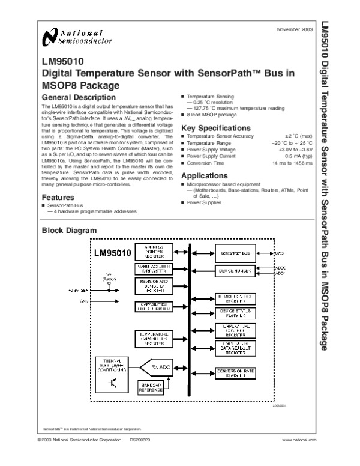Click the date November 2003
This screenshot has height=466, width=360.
(295, 29)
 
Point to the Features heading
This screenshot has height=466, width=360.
(58, 197)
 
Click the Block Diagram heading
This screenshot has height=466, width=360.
(66, 231)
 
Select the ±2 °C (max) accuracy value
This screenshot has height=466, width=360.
(298, 137)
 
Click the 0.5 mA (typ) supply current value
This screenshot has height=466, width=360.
(299, 156)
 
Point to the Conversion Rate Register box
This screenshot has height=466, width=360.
(235, 373)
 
